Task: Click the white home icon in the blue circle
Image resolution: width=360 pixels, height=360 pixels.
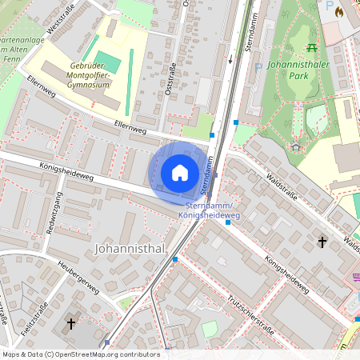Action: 180,172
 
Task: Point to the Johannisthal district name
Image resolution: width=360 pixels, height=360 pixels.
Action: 130,249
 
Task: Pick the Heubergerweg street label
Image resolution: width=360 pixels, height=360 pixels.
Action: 78,276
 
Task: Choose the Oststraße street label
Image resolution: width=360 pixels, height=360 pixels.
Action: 170,81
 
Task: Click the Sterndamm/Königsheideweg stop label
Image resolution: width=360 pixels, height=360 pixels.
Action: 209,210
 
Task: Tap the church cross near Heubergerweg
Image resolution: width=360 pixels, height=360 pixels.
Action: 70,323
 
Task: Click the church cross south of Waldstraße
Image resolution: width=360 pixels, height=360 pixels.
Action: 322,241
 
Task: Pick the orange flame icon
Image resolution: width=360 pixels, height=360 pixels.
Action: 340,12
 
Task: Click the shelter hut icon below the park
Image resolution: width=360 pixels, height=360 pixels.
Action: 296,146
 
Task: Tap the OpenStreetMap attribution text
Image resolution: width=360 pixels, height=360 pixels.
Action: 81,354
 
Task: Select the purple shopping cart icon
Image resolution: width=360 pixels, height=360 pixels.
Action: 355,278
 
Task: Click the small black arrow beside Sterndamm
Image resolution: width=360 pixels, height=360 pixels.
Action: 230,59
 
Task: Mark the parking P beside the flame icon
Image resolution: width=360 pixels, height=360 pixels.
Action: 329,6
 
